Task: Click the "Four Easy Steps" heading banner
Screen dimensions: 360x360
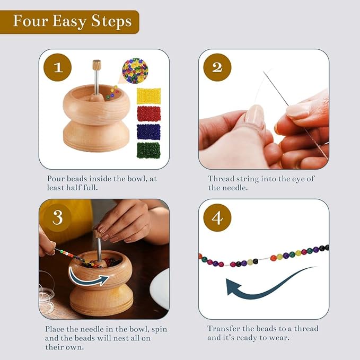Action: coord(72,22)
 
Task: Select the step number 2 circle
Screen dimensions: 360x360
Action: coord(217,68)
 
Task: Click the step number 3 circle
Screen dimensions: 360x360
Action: coord(58,218)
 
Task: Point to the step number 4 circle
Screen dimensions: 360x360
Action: coord(217,218)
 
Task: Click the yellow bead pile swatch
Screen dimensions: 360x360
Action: coord(148,96)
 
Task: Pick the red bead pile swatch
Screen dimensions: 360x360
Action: coord(148,113)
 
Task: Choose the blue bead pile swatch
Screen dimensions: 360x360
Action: coord(148,132)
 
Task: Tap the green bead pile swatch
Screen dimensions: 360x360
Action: coord(148,150)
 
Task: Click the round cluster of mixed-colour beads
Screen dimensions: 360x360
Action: coord(135,71)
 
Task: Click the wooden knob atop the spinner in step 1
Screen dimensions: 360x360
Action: coord(96,65)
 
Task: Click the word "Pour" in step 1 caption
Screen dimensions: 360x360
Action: coord(57,179)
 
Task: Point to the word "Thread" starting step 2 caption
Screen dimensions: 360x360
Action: coord(221,179)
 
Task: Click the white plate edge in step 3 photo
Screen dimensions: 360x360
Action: coord(160,289)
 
